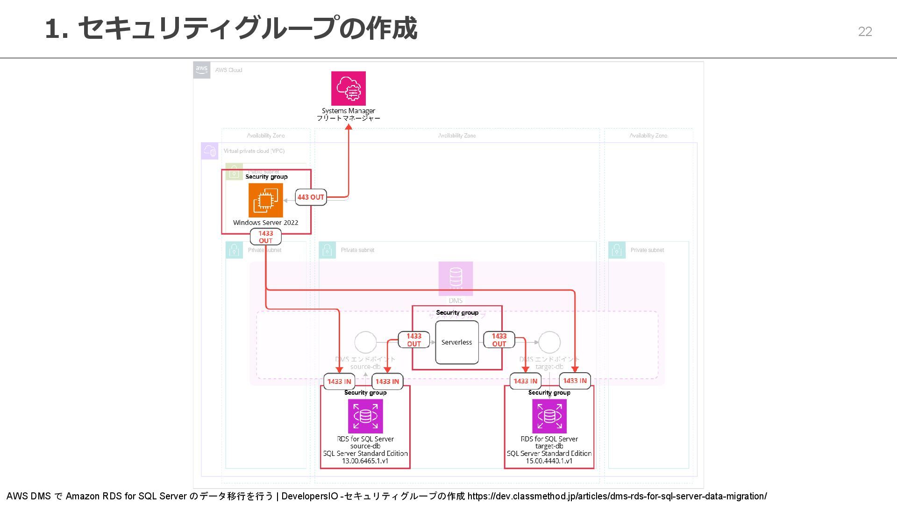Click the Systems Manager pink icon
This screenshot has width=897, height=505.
tap(348, 88)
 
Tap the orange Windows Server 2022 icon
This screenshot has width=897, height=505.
tap(265, 200)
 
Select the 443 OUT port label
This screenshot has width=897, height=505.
tap(311, 197)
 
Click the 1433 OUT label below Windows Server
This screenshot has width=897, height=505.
tap(265, 237)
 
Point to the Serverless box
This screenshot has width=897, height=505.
tap(456, 342)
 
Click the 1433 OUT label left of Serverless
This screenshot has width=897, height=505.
tap(414, 340)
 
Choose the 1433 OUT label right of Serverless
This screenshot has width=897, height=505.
tap(499, 340)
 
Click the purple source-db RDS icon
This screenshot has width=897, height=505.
tap(365, 416)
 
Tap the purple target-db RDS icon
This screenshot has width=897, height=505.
tap(549, 416)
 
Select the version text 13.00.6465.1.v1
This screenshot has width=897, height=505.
tap(365, 461)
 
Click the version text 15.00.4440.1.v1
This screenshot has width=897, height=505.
tap(549, 461)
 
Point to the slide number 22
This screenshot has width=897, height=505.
tap(865, 31)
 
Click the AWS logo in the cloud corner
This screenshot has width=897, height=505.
tap(202, 70)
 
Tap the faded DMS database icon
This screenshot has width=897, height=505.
tap(456, 278)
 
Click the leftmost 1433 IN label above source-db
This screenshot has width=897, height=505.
tap(339, 382)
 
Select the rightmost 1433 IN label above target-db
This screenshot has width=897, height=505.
tap(575, 381)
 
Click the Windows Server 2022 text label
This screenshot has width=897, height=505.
tap(265, 223)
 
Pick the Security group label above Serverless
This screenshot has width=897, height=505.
tap(457, 312)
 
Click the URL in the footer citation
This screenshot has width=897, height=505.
tap(617, 496)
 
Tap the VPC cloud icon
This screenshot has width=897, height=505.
tap(210, 151)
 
